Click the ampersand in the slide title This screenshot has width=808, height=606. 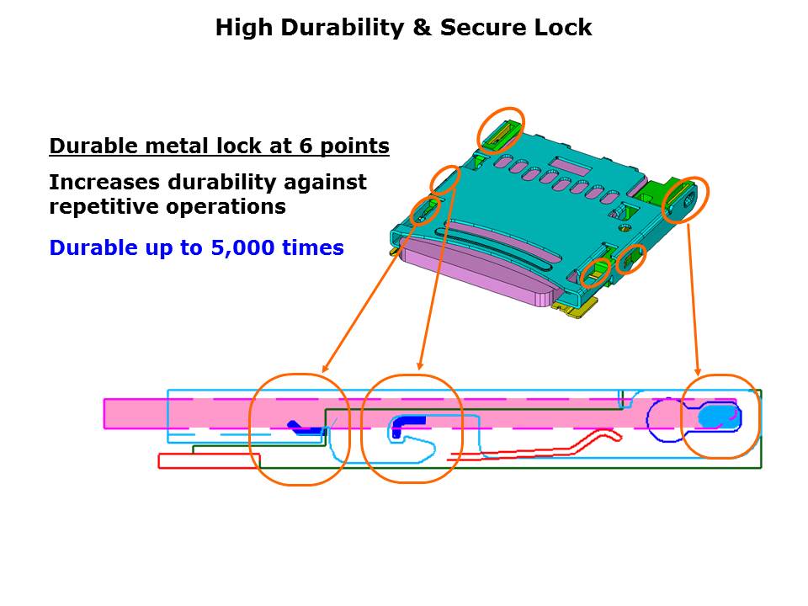pos(422,27)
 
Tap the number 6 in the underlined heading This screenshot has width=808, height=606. pos(306,146)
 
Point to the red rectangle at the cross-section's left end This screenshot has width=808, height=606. pos(210,460)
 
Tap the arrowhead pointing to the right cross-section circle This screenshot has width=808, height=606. pos(698,371)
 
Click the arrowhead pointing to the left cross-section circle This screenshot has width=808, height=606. pos(325,368)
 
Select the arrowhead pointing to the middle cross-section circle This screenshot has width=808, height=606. pos(420,365)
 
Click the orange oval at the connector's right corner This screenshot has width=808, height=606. pos(685,199)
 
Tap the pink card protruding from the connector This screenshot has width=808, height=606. pos(476,263)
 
